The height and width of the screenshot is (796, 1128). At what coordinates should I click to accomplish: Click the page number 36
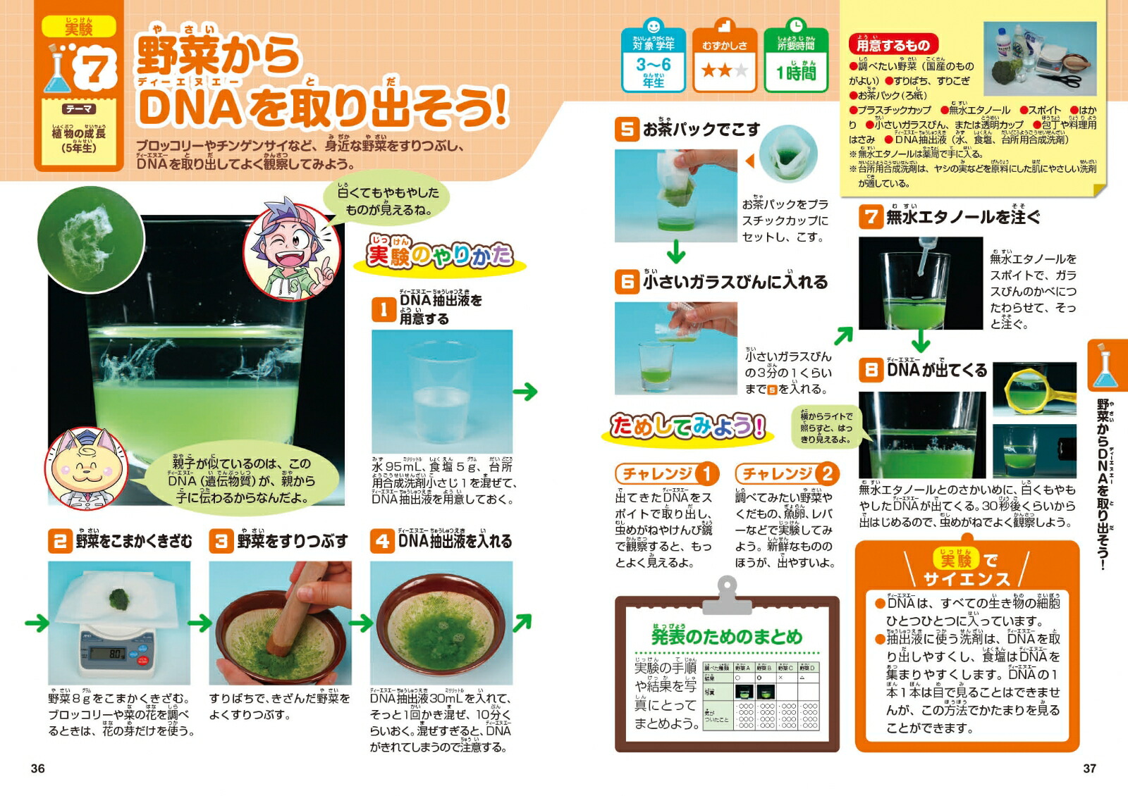(x=38, y=769)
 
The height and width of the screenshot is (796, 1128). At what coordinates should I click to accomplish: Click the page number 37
(x=1089, y=769)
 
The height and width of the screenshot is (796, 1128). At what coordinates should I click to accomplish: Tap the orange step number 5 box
(x=626, y=130)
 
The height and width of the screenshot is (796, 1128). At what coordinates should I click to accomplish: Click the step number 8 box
(x=871, y=370)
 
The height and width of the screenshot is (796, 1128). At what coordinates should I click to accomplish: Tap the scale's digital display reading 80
(x=113, y=654)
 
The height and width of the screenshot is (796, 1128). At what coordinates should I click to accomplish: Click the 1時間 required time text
(x=796, y=73)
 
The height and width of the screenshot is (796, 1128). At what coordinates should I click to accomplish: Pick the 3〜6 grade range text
(x=654, y=65)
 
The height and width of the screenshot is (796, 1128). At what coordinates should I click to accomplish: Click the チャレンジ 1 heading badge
(x=667, y=473)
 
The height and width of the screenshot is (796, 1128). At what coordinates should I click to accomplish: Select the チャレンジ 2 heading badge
(x=787, y=473)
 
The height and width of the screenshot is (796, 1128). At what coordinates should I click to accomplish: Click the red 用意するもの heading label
(x=893, y=45)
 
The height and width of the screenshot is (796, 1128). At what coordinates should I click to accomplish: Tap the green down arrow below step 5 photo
(x=675, y=251)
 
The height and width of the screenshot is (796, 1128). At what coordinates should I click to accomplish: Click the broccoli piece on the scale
(x=119, y=599)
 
